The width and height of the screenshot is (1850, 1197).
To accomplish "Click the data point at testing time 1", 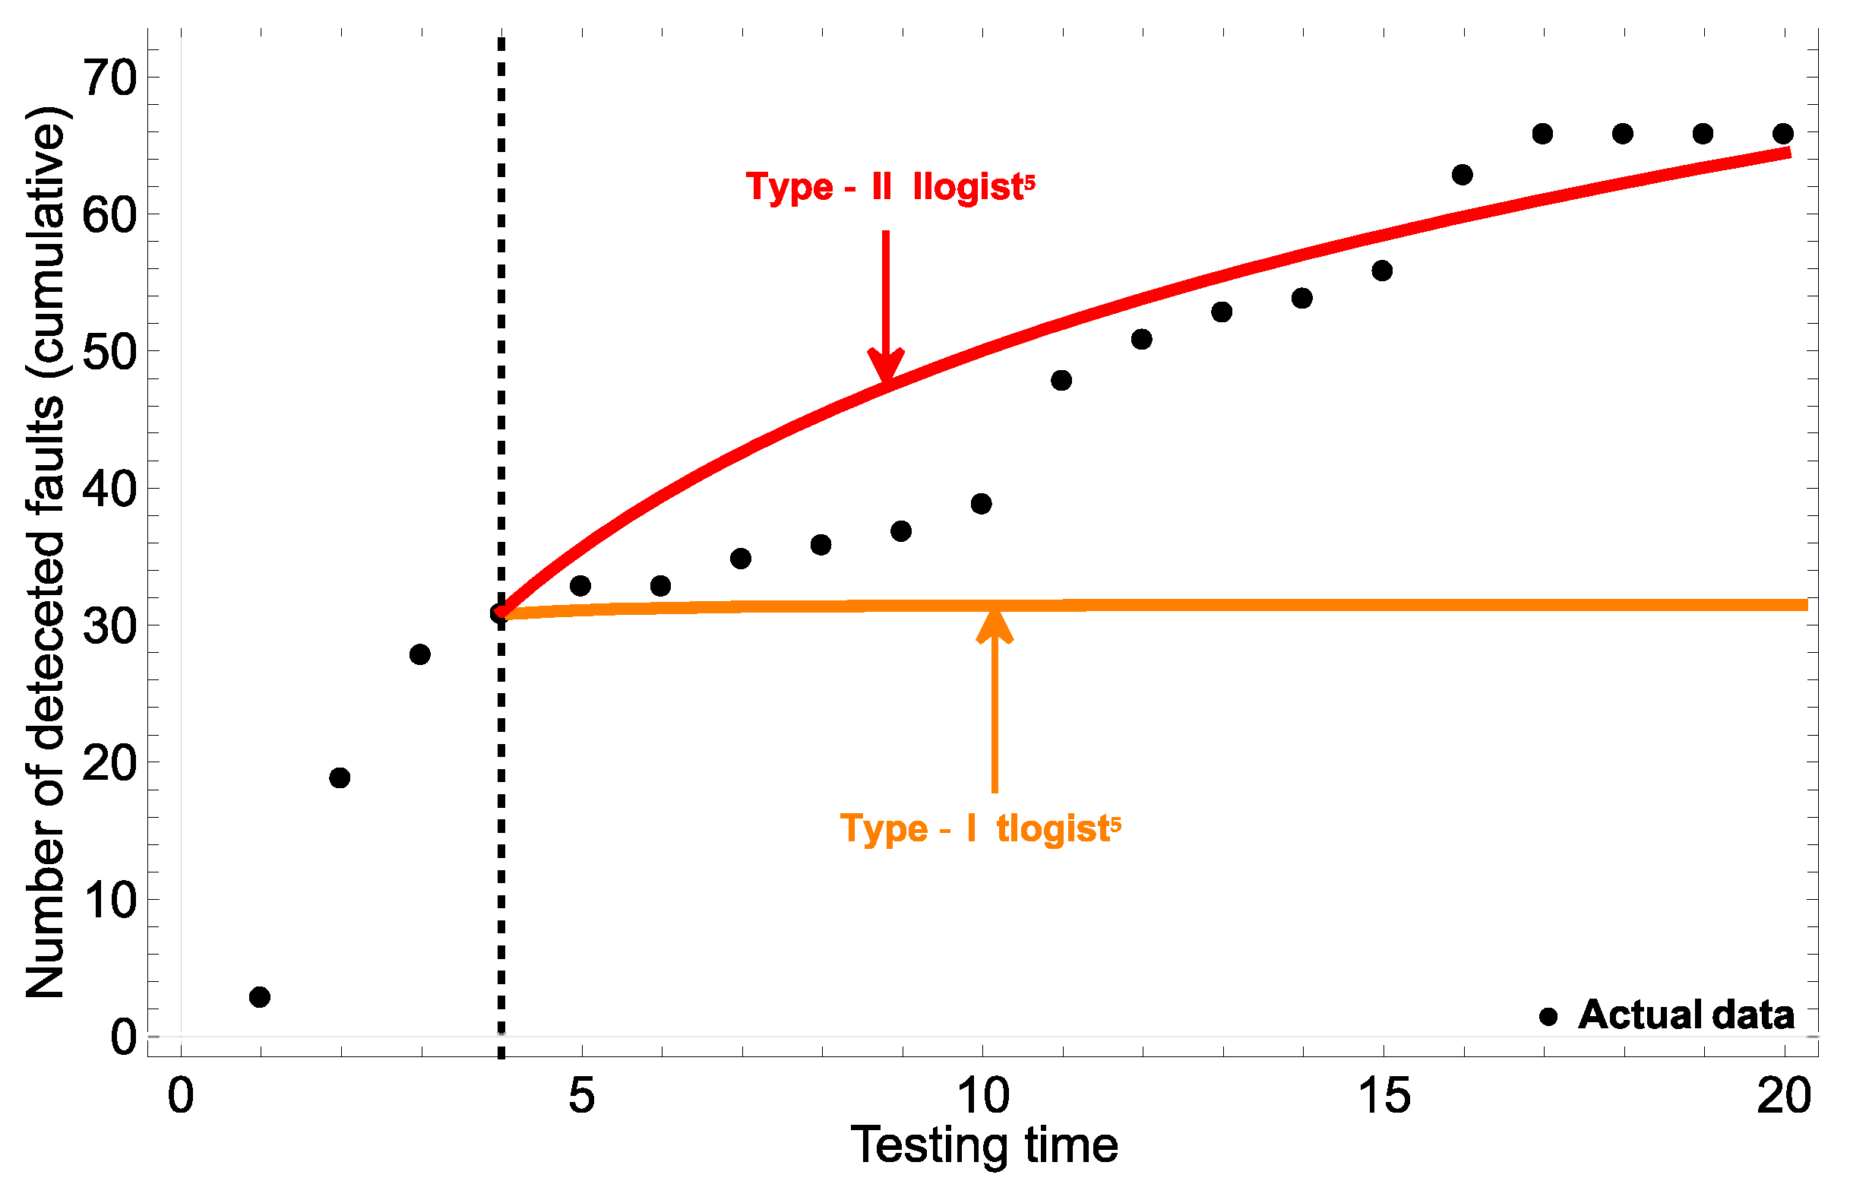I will [x=260, y=996].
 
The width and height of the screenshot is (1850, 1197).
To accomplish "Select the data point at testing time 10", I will [x=981, y=504].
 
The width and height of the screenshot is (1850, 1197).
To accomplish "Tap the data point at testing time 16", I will [x=1462, y=175].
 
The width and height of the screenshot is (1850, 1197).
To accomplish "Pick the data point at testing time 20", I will [x=1782, y=134].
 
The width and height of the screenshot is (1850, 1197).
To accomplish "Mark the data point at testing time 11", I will [x=1061, y=380].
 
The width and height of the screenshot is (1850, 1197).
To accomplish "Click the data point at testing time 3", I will [x=419, y=654].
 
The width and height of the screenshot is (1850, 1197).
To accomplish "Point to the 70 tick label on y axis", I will [x=109, y=78].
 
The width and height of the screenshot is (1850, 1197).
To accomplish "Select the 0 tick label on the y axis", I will [x=124, y=1037].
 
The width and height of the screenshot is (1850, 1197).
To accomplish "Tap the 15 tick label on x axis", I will [x=1383, y=1096].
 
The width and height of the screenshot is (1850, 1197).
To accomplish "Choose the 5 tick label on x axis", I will [x=581, y=1096].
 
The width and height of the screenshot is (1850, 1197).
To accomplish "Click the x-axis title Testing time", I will [x=984, y=1146].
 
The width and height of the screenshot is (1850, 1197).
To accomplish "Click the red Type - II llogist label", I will [x=890, y=186].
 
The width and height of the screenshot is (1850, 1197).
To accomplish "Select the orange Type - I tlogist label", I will [x=980, y=828].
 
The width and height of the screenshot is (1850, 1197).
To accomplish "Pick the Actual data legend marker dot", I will [x=1548, y=1016].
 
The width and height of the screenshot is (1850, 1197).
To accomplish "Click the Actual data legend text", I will [x=1685, y=1015].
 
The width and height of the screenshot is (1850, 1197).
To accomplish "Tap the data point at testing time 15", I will [x=1381, y=271].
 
